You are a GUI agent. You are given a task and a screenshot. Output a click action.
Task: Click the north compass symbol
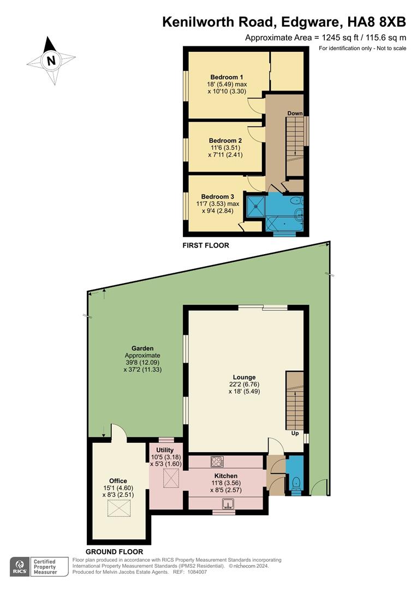[51, 61]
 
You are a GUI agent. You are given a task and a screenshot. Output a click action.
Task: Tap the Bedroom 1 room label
[227, 77]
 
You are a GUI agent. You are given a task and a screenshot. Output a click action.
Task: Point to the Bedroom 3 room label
[218, 196]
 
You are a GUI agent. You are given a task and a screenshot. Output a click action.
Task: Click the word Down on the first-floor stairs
[295, 113]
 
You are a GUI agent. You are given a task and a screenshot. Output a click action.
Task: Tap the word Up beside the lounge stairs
[295, 434]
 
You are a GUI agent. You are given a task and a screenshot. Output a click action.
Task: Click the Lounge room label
[244, 377]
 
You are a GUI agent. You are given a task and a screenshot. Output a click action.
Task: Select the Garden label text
[142, 348]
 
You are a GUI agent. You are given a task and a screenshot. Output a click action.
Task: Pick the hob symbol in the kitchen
[217, 462]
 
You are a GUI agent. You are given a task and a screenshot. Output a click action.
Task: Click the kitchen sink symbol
[227, 503]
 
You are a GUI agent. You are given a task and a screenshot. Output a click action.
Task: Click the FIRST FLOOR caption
[205, 246]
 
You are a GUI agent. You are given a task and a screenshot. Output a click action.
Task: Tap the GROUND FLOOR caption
[115, 552]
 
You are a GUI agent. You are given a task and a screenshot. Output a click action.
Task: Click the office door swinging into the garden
[119, 433]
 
